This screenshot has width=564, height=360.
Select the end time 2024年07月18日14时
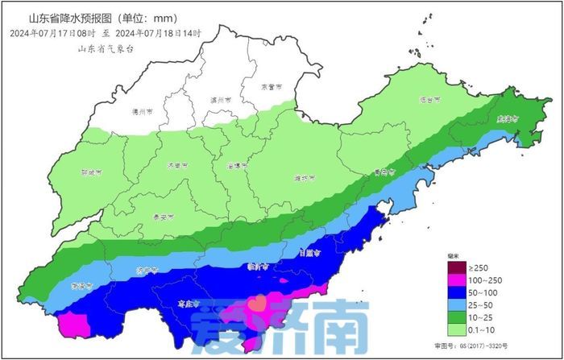(x=158, y=33)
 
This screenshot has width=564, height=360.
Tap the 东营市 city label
(x=271, y=86)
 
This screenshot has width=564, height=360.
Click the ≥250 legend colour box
(x=454, y=267)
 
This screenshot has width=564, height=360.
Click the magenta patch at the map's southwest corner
(x=71, y=324)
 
